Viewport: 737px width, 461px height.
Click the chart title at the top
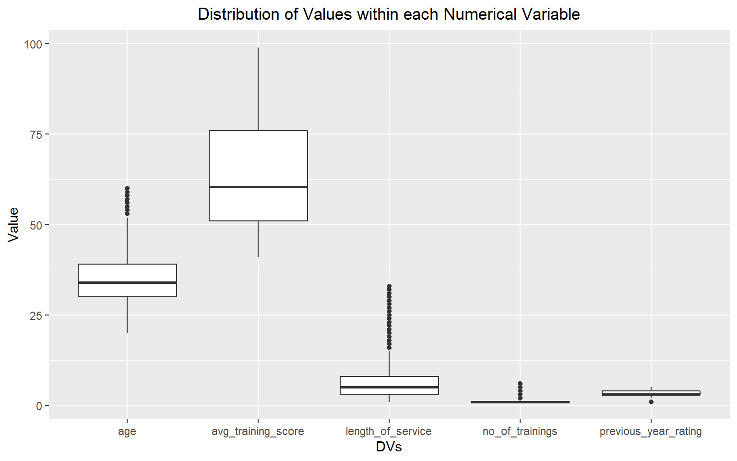(389, 14)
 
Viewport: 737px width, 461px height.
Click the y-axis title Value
(13, 224)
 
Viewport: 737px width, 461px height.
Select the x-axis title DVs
(389, 447)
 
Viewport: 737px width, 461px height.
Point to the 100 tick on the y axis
(33, 44)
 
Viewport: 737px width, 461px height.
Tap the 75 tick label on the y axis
(36, 134)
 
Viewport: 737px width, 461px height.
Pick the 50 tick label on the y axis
(36, 225)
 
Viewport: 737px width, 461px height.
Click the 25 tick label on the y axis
(36, 315)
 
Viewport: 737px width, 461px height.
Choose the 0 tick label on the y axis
(39, 406)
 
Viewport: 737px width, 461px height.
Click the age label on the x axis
(127, 431)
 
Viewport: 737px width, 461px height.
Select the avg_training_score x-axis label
(258, 431)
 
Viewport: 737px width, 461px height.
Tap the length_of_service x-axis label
(389, 431)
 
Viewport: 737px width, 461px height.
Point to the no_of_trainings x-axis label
(520, 431)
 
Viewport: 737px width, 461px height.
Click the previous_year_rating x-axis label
(651, 431)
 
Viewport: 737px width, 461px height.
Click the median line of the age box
(127, 282)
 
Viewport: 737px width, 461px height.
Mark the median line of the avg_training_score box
(258, 187)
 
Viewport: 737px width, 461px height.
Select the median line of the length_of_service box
(389, 387)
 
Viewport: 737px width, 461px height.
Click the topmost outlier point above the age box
(127, 189)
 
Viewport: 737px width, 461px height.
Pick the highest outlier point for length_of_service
(389, 286)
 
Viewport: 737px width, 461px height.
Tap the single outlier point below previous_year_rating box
(651, 402)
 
